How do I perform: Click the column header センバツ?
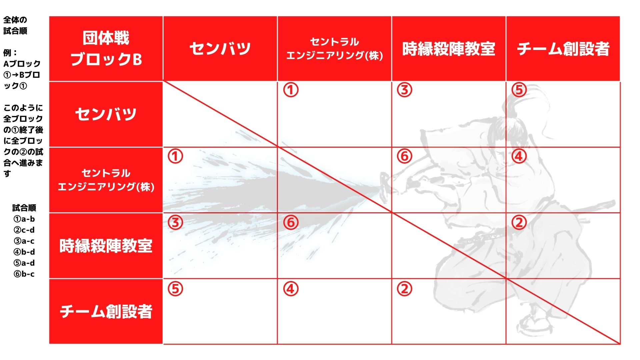(220, 49)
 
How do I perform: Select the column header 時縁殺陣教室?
(449, 49)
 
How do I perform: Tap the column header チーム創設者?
(563, 49)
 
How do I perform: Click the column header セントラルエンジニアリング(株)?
(334, 49)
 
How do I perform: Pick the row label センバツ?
(106, 114)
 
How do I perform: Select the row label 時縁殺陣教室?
(106, 246)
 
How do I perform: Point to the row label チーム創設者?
(106, 311)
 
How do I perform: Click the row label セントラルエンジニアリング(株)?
(106, 180)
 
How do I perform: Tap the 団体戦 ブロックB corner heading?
(106, 49)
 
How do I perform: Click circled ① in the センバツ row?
(291, 90)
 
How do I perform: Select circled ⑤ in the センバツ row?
(519, 90)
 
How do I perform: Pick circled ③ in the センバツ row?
(405, 90)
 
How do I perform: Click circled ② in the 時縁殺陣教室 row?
(519, 222)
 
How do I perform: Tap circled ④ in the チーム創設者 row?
(291, 289)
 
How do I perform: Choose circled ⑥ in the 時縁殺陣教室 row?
(291, 222)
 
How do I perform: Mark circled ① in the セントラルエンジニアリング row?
(176, 156)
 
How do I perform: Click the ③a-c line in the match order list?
(24, 241)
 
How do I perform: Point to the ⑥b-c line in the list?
(24, 274)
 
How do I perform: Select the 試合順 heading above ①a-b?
(24, 208)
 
